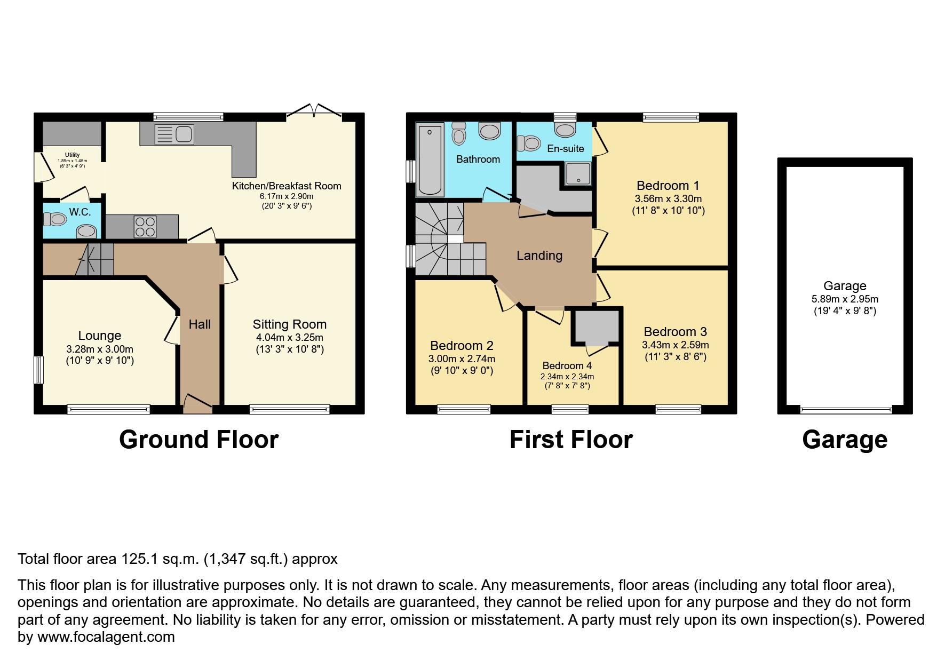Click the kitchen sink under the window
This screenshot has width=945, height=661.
click(173, 134)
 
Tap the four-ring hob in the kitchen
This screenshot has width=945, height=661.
click(145, 226)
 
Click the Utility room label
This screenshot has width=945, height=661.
click(73, 155)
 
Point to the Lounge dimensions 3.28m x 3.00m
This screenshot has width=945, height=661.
click(99, 349)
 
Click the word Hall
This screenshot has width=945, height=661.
click(200, 324)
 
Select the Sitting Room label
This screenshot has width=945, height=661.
click(289, 324)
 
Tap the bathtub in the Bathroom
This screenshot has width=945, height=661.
click(430, 160)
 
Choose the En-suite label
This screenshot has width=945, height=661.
click(566, 149)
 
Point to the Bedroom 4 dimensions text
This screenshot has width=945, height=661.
click(567, 377)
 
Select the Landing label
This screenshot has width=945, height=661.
click(539, 256)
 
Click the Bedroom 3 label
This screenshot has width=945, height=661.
click(675, 331)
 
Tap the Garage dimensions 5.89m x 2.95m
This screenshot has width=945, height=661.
click(845, 299)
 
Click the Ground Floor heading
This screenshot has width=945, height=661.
click(198, 440)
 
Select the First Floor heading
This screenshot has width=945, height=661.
click(571, 440)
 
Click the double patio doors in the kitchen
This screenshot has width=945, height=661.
click(314, 112)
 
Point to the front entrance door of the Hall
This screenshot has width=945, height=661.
click(197, 404)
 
